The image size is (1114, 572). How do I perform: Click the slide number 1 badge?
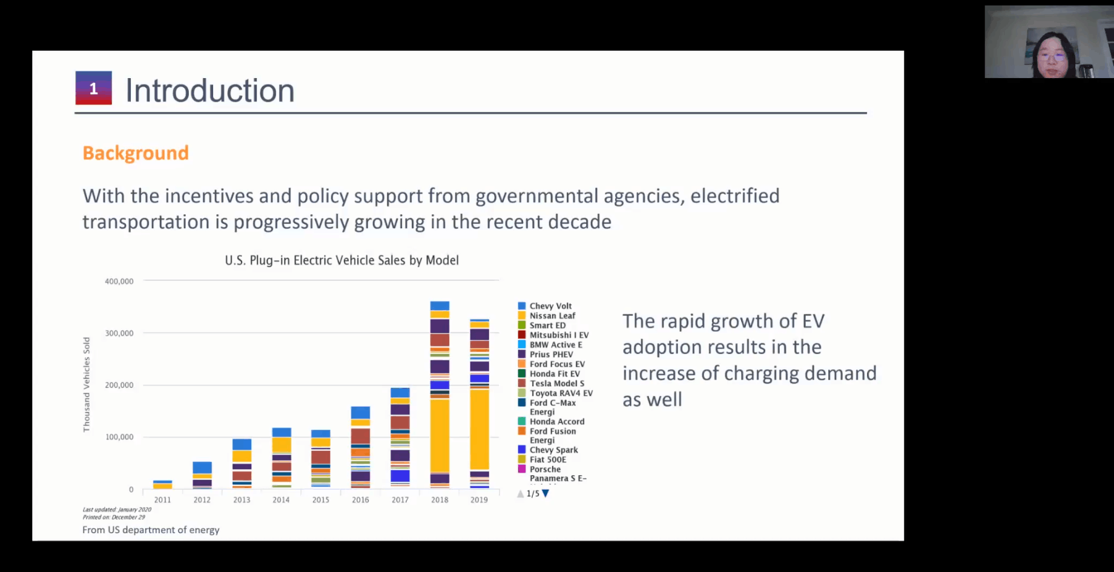pyautogui.click(x=93, y=88)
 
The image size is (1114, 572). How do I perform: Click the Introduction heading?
pyautogui.click(x=209, y=91)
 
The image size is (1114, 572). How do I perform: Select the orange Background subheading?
pyautogui.click(x=136, y=153)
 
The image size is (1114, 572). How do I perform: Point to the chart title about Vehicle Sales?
pyautogui.click(x=341, y=260)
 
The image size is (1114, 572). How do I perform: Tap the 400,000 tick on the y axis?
pyautogui.click(x=119, y=281)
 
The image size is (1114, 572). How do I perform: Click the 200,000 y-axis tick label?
pyautogui.click(x=119, y=385)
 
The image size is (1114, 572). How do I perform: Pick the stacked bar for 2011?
pyautogui.click(x=162, y=485)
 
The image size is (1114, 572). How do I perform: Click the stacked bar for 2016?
pyautogui.click(x=360, y=447)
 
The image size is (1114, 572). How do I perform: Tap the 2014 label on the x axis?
pyautogui.click(x=281, y=500)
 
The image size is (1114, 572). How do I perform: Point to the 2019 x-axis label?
pyautogui.click(x=479, y=500)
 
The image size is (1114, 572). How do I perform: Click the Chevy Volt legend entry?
pyautogui.click(x=550, y=306)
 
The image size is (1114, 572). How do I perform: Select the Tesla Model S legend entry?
pyautogui.click(x=556, y=383)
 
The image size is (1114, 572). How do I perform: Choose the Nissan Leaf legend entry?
pyautogui.click(x=552, y=316)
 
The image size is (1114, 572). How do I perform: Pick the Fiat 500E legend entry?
pyautogui.click(x=547, y=459)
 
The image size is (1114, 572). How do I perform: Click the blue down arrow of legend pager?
pyautogui.click(x=545, y=493)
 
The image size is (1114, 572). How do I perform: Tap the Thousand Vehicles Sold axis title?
pyautogui.click(x=87, y=384)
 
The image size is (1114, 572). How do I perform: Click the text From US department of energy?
pyautogui.click(x=151, y=530)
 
